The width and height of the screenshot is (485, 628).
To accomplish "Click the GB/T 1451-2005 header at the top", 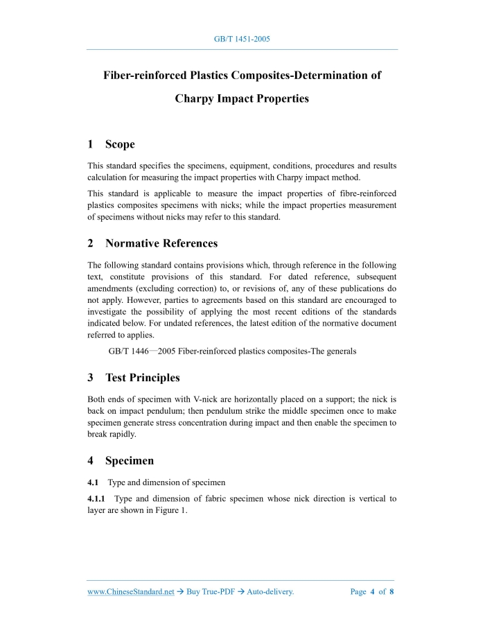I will click(x=242, y=39).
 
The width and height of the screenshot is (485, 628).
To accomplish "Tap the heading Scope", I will click(x=120, y=144).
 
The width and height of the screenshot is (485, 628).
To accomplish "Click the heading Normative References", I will click(x=161, y=243).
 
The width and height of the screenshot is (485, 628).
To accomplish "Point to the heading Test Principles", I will click(x=142, y=378).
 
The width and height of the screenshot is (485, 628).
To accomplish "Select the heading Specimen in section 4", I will click(x=130, y=460).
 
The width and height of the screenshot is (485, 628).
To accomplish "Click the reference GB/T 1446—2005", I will click(x=142, y=351).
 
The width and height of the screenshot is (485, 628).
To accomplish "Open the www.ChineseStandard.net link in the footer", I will click(x=130, y=592).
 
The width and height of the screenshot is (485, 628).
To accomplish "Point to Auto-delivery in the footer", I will click(x=267, y=592).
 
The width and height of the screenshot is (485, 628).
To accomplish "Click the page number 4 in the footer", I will click(x=373, y=592).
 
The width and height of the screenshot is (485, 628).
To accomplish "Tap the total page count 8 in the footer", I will click(x=391, y=592).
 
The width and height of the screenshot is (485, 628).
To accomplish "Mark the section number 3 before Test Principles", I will click(x=91, y=378).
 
